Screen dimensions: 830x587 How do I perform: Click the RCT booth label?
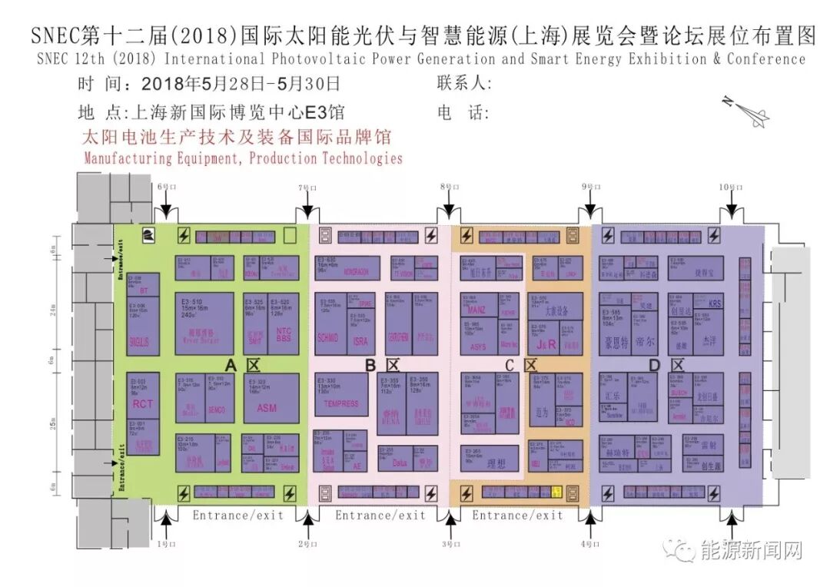143,404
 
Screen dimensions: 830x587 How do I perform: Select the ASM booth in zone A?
266,407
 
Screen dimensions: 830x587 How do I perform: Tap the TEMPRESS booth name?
341,403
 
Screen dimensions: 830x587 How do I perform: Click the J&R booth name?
546,344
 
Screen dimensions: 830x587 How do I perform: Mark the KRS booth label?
715,303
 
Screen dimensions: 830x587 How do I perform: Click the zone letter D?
654,366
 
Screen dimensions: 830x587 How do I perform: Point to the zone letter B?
370,365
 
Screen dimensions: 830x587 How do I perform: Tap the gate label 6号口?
166,187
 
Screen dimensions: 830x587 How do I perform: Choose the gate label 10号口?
731,187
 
